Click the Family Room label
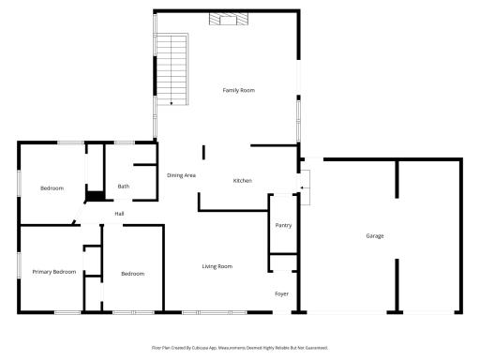(239, 90)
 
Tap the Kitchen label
(243, 181)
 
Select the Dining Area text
(181, 175)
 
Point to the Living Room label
(217, 266)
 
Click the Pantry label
(283, 225)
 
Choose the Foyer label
(281, 293)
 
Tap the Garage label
(375, 236)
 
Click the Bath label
(124, 187)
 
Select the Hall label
(119, 214)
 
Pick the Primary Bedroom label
(54, 272)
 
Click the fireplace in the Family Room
(229, 19)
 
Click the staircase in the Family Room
(172, 69)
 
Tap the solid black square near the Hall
(96, 196)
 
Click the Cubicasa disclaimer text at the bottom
(240, 348)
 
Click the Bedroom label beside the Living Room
(133, 274)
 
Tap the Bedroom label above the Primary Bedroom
(52, 188)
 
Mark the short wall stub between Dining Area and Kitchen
(203, 153)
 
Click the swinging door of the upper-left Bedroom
(78, 213)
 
